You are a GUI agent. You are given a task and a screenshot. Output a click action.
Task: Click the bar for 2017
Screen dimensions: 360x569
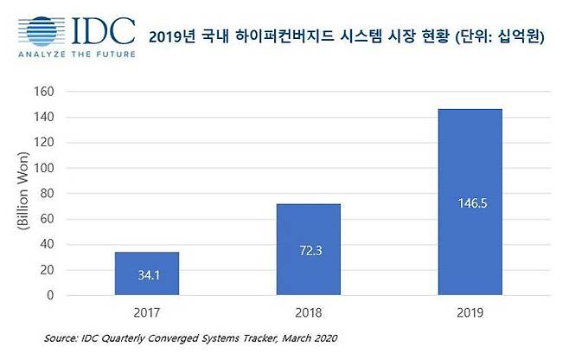click(x=146, y=273)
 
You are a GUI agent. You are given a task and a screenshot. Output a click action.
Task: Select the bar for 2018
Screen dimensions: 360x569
click(x=309, y=249)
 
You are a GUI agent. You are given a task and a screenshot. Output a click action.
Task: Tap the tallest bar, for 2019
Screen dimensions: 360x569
click(x=470, y=202)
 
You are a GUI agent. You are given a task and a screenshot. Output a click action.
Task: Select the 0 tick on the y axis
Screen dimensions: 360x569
click(x=51, y=295)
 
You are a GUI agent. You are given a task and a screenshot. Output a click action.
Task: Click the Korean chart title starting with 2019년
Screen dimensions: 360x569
click(x=352, y=36)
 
